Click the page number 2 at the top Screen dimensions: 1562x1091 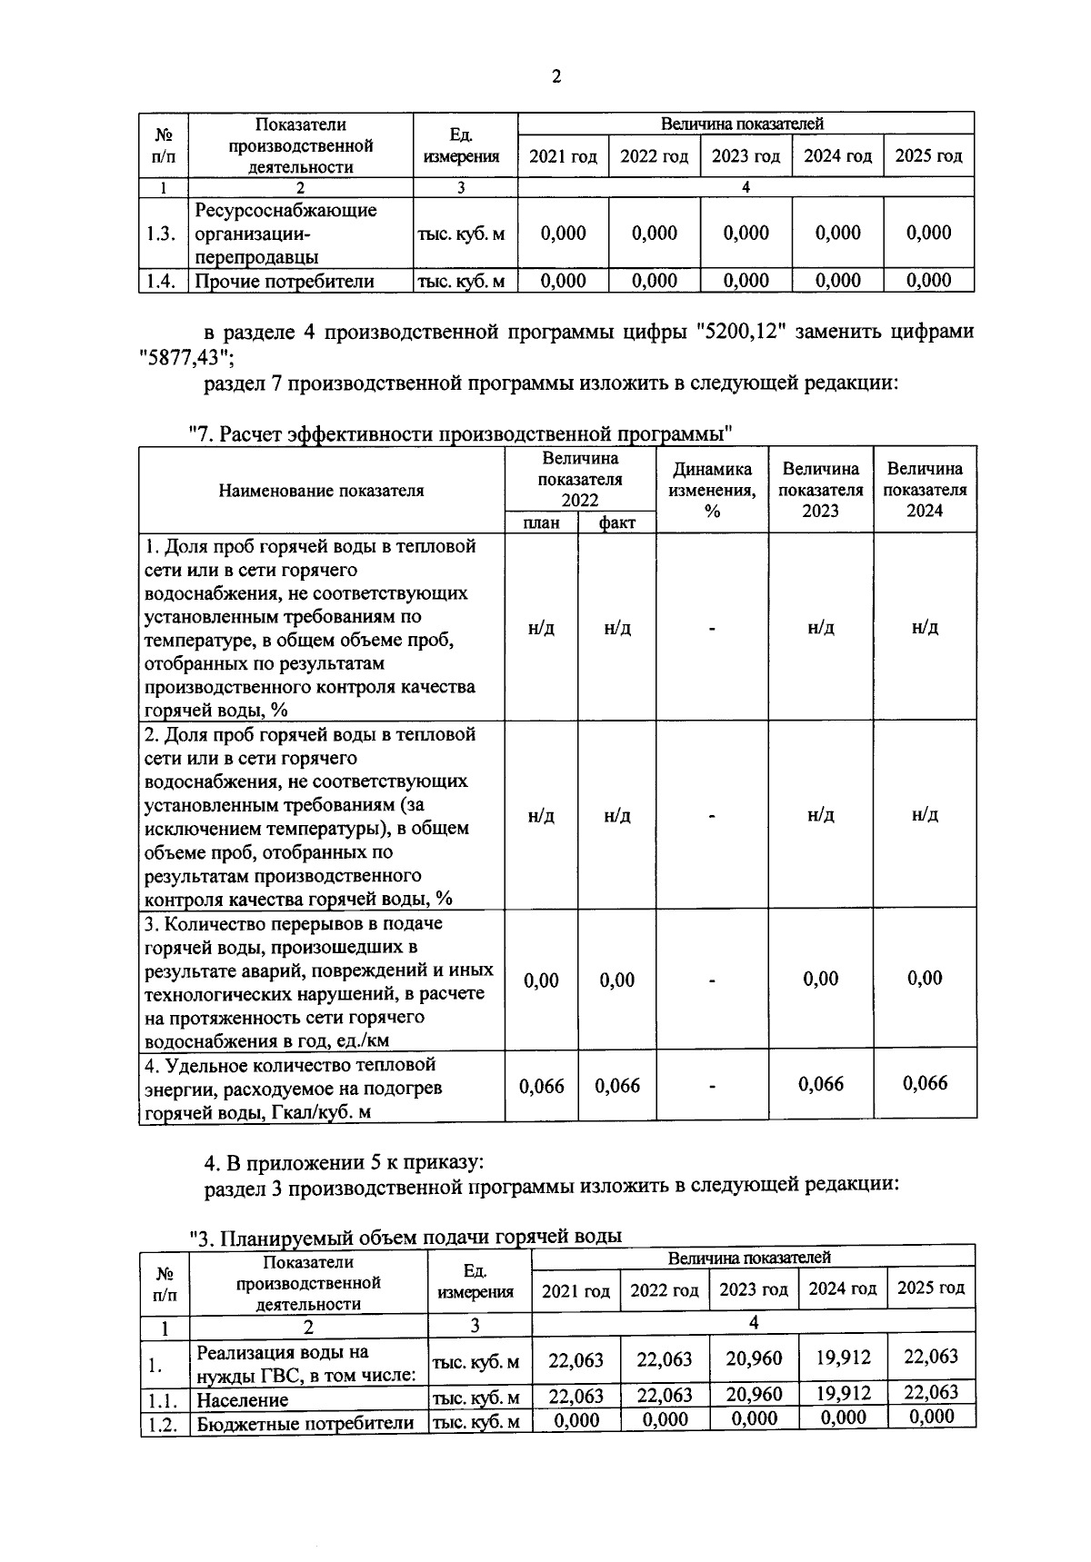pyautogui.click(x=556, y=77)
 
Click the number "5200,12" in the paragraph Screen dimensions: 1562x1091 pyautogui.click(x=741, y=332)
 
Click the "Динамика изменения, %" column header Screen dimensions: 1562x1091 pyautogui.click(x=712, y=489)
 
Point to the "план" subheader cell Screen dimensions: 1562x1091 pyautogui.click(x=541, y=522)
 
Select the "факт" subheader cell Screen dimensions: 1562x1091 pyautogui.click(x=617, y=522)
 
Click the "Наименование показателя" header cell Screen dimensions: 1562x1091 pyautogui.click(x=321, y=491)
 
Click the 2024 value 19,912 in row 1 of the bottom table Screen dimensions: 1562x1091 pyautogui.click(x=843, y=1358)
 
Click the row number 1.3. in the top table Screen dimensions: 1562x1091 pyautogui.click(x=160, y=234)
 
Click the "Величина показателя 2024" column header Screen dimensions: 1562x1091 pyautogui.click(x=925, y=489)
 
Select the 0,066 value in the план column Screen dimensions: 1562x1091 pyautogui.click(x=541, y=1086)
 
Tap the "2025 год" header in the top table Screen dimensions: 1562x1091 pyautogui.click(x=928, y=156)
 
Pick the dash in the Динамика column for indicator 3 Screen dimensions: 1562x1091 pyautogui.click(x=712, y=980)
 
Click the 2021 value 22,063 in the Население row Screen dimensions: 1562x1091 pyautogui.click(x=576, y=1396)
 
